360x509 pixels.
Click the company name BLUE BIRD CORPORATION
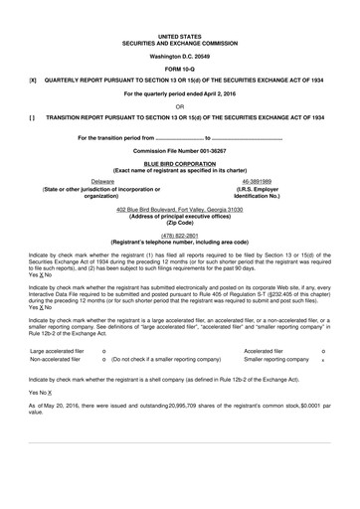(x=179, y=163)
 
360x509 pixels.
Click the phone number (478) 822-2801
(x=179, y=235)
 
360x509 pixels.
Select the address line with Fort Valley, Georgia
(x=179, y=211)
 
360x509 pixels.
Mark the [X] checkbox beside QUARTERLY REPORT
(x=33, y=80)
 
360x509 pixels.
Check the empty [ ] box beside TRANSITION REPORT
(x=33, y=117)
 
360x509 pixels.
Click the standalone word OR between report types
(x=179, y=105)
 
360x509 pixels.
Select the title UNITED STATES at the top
(x=179, y=35)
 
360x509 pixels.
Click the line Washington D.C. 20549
(x=179, y=55)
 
